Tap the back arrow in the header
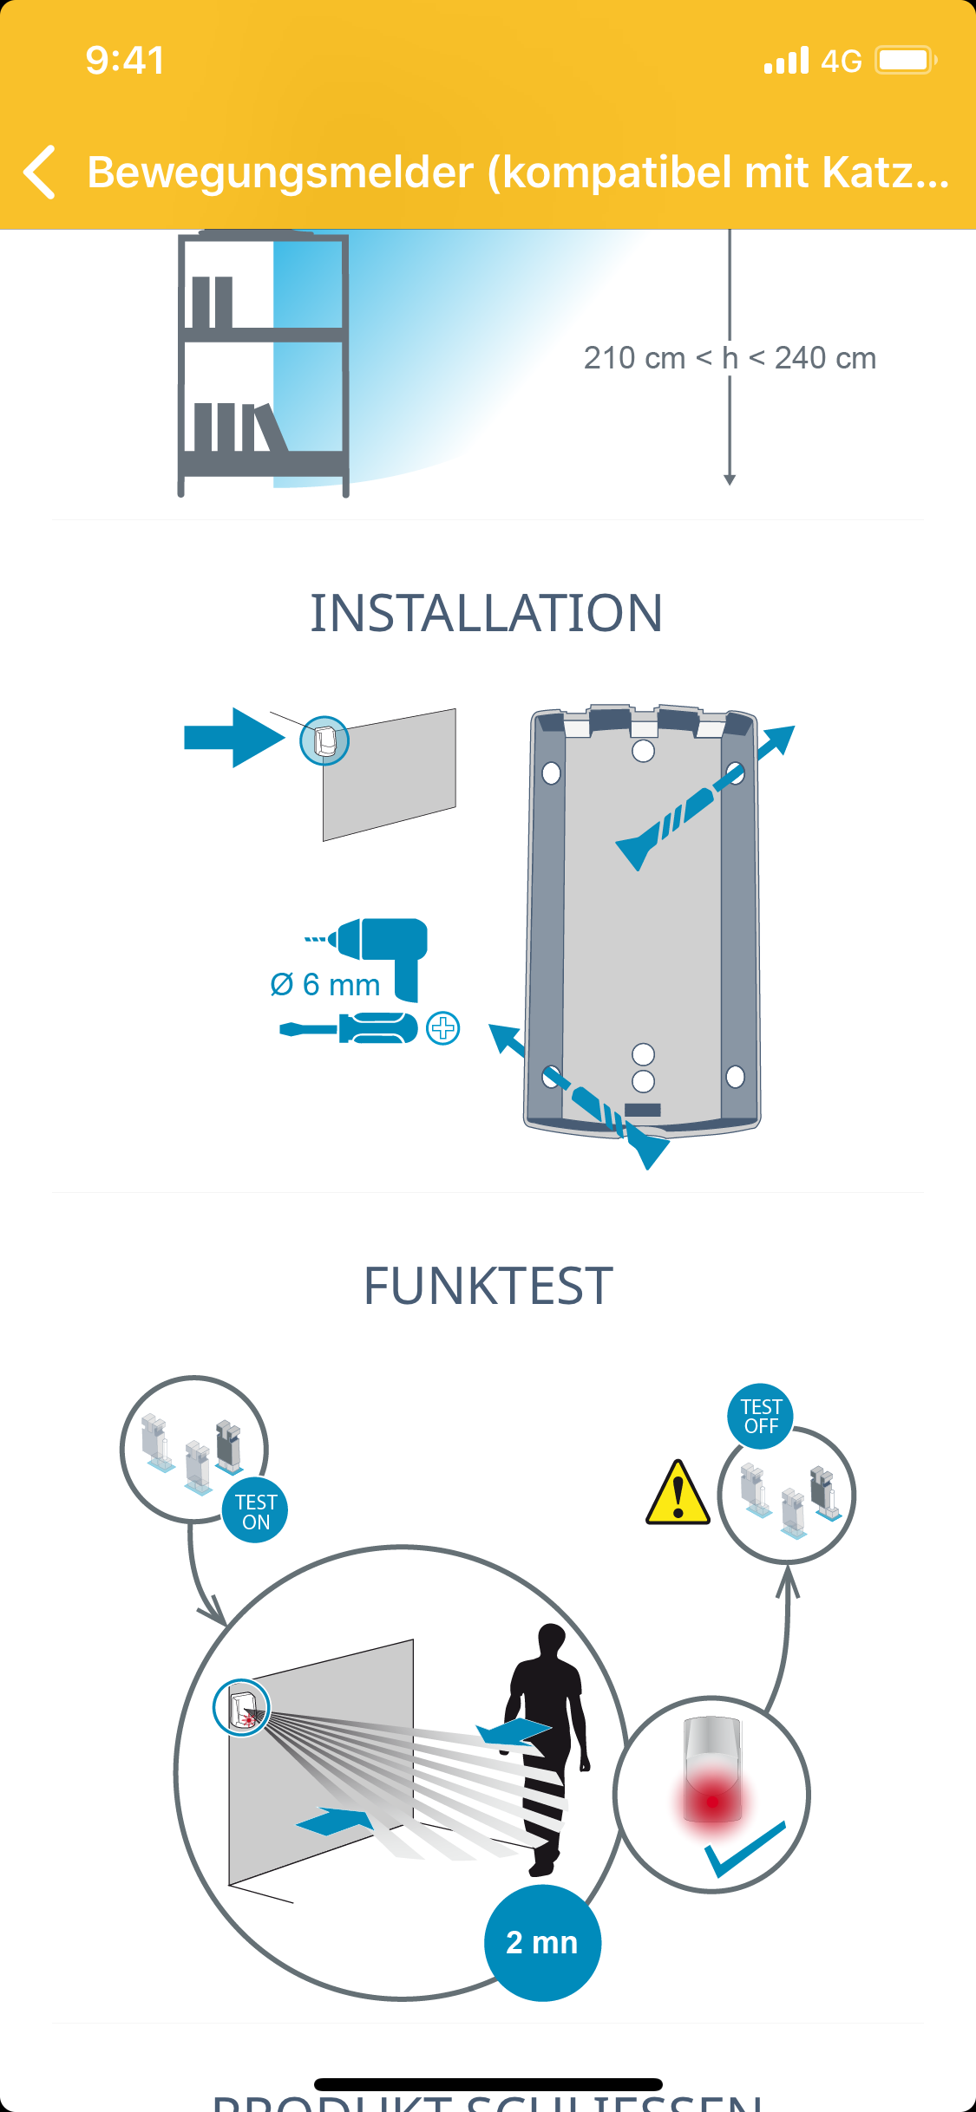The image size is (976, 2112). (x=40, y=172)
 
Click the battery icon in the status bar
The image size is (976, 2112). (x=905, y=61)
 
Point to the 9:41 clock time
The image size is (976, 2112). (x=125, y=61)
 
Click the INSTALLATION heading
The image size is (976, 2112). (x=487, y=614)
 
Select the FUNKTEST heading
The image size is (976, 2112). (x=488, y=1286)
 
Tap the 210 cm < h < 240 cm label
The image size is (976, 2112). (x=730, y=358)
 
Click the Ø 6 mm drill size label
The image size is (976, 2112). (x=325, y=985)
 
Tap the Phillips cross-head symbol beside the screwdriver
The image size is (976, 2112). (x=443, y=1028)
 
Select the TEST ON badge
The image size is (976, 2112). (x=256, y=1512)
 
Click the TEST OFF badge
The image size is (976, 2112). (x=761, y=1416)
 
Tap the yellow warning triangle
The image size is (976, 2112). (x=678, y=1494)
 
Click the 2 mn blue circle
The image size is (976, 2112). (x=542, y=1943)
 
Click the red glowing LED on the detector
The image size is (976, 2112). (x=712, y=1802)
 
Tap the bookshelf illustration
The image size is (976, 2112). (x=264, y=364)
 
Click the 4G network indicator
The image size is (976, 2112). (x=841, y=62)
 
